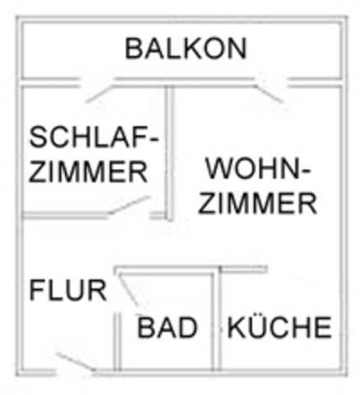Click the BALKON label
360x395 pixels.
pos(186,49)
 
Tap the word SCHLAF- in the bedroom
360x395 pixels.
pos(94,137)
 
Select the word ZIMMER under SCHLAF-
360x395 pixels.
pos(88,172)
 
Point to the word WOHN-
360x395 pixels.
pos(258,168)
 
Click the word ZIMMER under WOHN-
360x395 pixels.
pos(257,203)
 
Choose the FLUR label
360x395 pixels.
pos(68,290)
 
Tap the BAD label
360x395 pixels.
pos(168,327)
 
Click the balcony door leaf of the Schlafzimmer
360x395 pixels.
pos(99,94)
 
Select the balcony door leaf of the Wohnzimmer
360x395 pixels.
pos(269,94)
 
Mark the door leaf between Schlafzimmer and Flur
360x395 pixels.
pos(130,205)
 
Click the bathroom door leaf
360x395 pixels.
pos(129,290)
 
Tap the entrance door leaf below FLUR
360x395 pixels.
pos(76,362)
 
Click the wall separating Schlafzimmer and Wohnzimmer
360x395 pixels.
pos(169,153)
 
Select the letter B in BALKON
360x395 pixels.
pos(133,49)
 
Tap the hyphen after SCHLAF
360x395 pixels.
pos(155,139)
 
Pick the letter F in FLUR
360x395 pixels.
pos(36,290)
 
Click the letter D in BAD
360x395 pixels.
pos(188,327)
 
